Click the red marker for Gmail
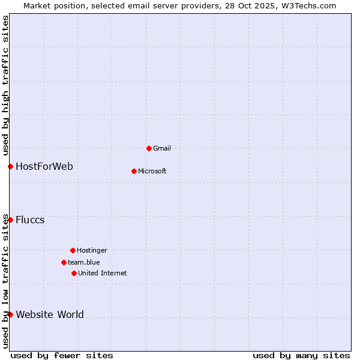coord(149,148)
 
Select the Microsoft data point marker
coord(134,171)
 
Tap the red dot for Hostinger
coord(73,250)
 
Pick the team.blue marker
coord(64,262)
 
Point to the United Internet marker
coord(74,273)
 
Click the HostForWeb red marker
coord(10,166)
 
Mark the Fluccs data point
coord(10,220)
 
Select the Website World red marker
coord(10,314)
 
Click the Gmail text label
coord(162,148)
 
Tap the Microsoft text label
coord(152,171)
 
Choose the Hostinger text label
coord(92,250)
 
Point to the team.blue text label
coord(84,262)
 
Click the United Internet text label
coord(103,273)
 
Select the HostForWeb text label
coord(44,166)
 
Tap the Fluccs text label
coord(30,220)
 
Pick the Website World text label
coord(50,314)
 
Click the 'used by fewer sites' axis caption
coord(62,355)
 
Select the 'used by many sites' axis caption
coord(301,355)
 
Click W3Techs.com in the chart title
coord(307,5)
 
